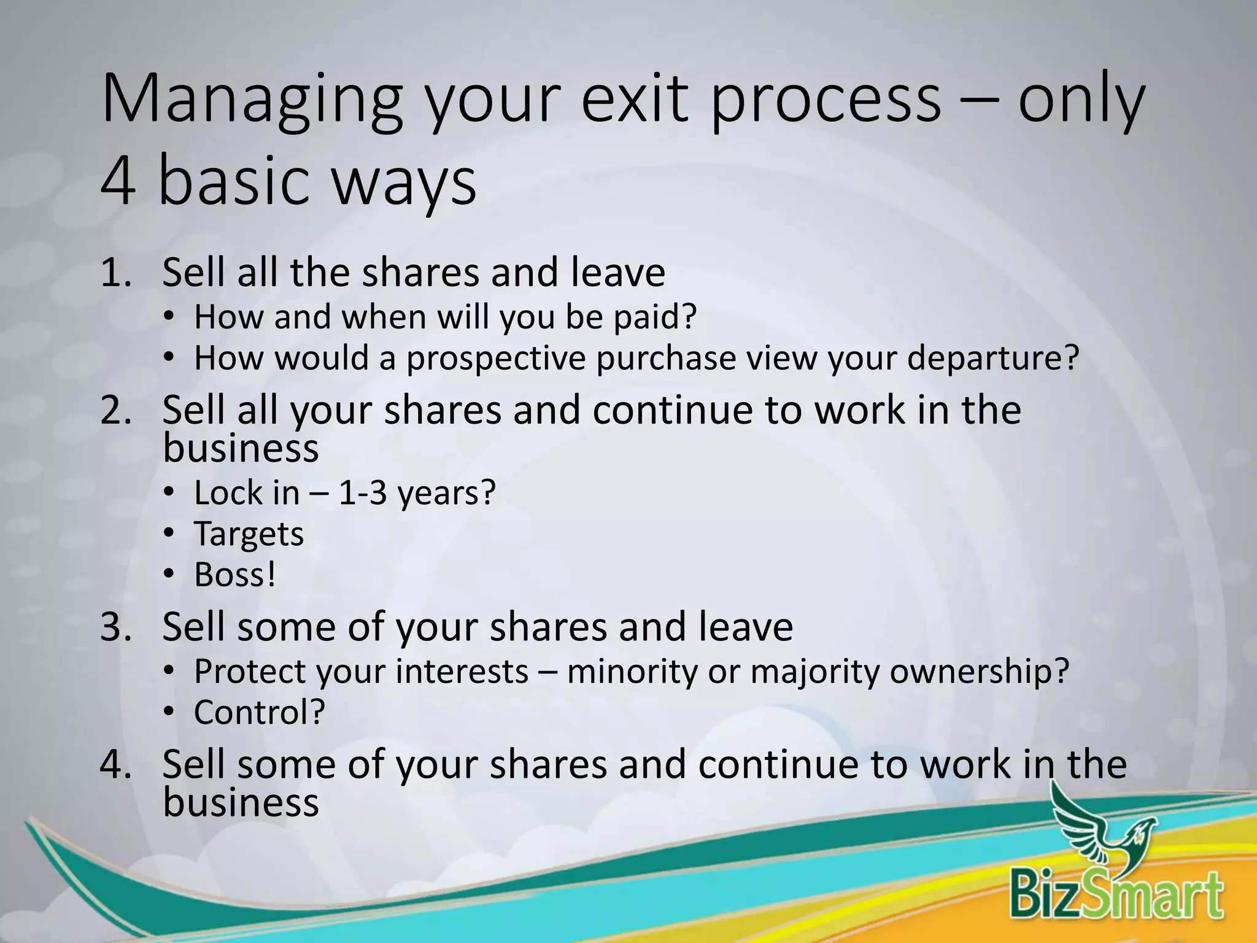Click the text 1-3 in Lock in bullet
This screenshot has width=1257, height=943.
pos(363,493)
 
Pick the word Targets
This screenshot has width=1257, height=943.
pos(249,535)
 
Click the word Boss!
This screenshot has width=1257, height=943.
pos(235,575)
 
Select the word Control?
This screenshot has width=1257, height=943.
pos(259,713)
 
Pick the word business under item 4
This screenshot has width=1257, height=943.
pos(241,803)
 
